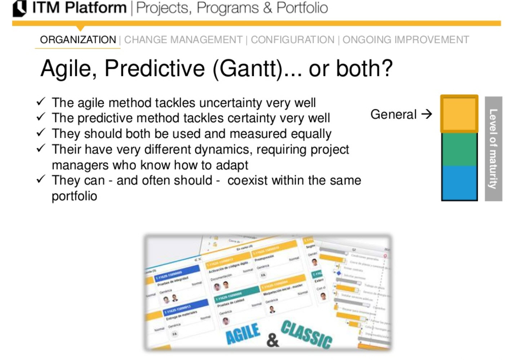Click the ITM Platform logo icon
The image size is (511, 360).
(x=19, y=8)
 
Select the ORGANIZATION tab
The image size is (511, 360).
(x=78, y=40)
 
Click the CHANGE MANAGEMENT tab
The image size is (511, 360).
(x=183, y=40)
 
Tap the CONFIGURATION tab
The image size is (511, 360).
(x=292, y=40)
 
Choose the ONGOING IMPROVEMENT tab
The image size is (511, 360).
(x=405, y=40)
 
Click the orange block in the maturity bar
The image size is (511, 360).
(x=459, y=114)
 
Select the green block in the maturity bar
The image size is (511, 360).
(x=459, y=149)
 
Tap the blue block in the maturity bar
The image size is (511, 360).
(x=459, y=182)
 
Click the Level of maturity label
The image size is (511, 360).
(x=493, y=148)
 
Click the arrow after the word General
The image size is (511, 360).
(x=426, y=114)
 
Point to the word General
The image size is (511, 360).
(x=393, y=114)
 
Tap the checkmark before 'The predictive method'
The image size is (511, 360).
(x=41, y=117)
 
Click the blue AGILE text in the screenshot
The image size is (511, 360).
(x=243, y=333)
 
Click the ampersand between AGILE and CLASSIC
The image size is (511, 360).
(x=273, y=340)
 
